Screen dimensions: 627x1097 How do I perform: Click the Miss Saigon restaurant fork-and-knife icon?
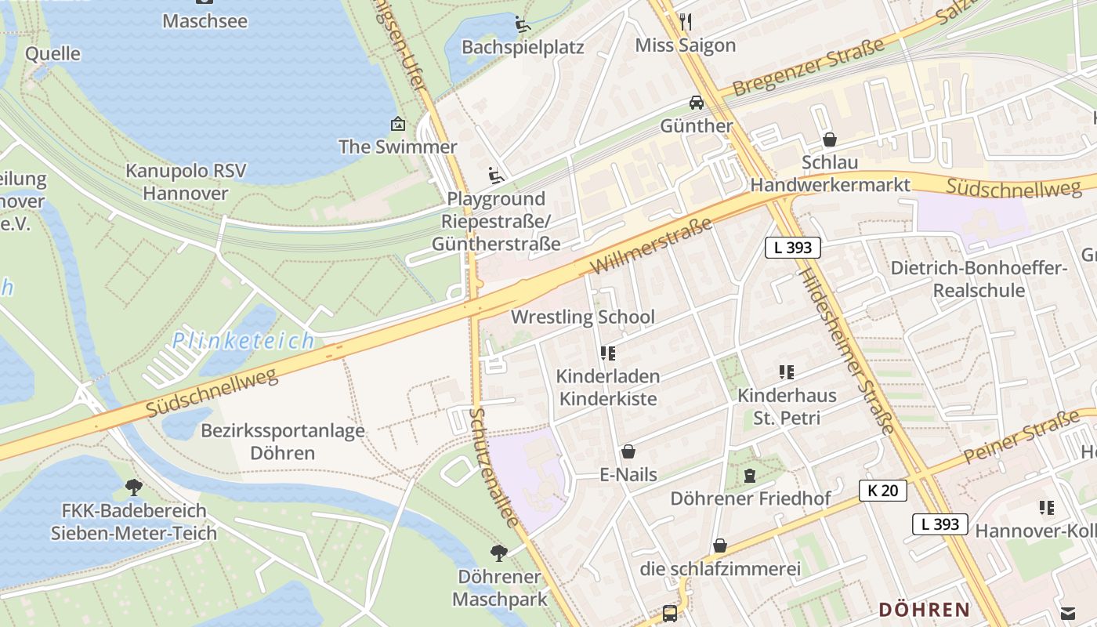(686, 20)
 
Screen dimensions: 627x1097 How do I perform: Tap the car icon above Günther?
(696, 102)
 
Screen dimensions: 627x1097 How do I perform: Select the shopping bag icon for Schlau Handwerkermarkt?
(830, 140)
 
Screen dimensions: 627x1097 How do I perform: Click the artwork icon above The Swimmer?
(397, 124)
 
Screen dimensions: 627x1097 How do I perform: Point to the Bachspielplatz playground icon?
(523, 24)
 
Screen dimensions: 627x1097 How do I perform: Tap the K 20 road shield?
(883, 491)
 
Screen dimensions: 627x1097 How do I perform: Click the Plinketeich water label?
(244, 341)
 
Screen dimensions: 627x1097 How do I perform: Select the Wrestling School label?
(582, 317)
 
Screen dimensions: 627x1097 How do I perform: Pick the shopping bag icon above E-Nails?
(628, 451)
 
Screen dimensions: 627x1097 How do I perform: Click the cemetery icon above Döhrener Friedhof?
(750, 475)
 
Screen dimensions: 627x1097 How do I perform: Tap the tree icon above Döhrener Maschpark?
(498, 553)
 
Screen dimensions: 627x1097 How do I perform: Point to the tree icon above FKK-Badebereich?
(134, 487)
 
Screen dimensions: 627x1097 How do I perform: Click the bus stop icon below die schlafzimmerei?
(670, 613)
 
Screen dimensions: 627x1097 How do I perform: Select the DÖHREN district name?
(924, 609)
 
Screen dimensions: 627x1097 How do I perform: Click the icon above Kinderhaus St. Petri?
(787, 372)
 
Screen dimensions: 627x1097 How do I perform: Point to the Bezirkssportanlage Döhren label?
(283, 441)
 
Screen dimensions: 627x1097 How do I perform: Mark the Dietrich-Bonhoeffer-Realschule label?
(979, 279)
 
